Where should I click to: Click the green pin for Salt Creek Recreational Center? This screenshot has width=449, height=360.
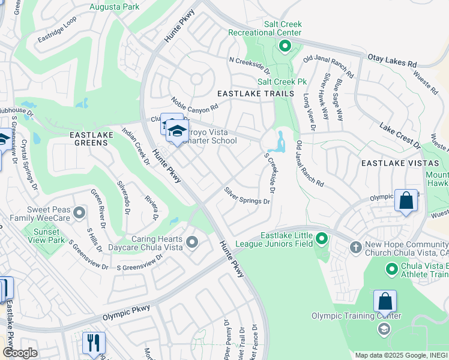[285, 46]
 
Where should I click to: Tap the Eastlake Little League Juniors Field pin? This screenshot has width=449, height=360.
[322, 239]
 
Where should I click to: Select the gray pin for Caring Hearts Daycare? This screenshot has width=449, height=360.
[192, 242]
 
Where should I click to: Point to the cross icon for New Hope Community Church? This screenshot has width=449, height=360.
[355, 247]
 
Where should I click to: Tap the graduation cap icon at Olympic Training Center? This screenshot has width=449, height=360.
[383, 329]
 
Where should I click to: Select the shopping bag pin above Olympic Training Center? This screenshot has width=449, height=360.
[385, 301]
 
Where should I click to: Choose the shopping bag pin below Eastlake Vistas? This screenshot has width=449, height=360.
[406, 200]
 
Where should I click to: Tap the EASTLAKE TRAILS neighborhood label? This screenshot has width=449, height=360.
[256, 94]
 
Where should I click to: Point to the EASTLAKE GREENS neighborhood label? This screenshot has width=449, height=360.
[91, 139]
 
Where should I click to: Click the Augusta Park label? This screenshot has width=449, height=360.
[113, 7]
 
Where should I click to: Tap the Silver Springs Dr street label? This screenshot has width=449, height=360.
[247, 196]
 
